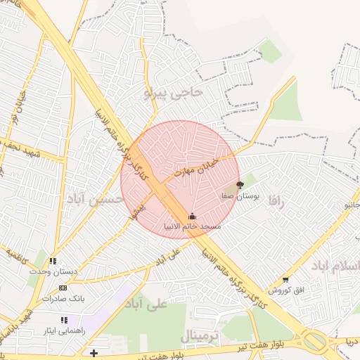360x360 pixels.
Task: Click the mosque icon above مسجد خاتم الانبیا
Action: (193, 216)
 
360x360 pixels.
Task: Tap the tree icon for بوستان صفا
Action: (240, 185)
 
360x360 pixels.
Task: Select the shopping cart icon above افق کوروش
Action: (285, 280)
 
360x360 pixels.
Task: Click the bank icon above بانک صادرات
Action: (63, 288)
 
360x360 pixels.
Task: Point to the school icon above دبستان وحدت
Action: (54, 261)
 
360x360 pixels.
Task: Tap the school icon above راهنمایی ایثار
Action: (65, 320)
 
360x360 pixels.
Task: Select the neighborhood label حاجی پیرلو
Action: (173, 91)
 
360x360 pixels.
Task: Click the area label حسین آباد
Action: (96, 200)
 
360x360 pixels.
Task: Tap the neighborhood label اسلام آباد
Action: (335, 265)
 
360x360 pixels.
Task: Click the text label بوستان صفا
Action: (240, 197)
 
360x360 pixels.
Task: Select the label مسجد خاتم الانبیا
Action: (192, 227)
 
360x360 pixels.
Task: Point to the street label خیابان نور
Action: (15, 116)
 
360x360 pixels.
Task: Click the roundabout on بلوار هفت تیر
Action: (314, 342)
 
